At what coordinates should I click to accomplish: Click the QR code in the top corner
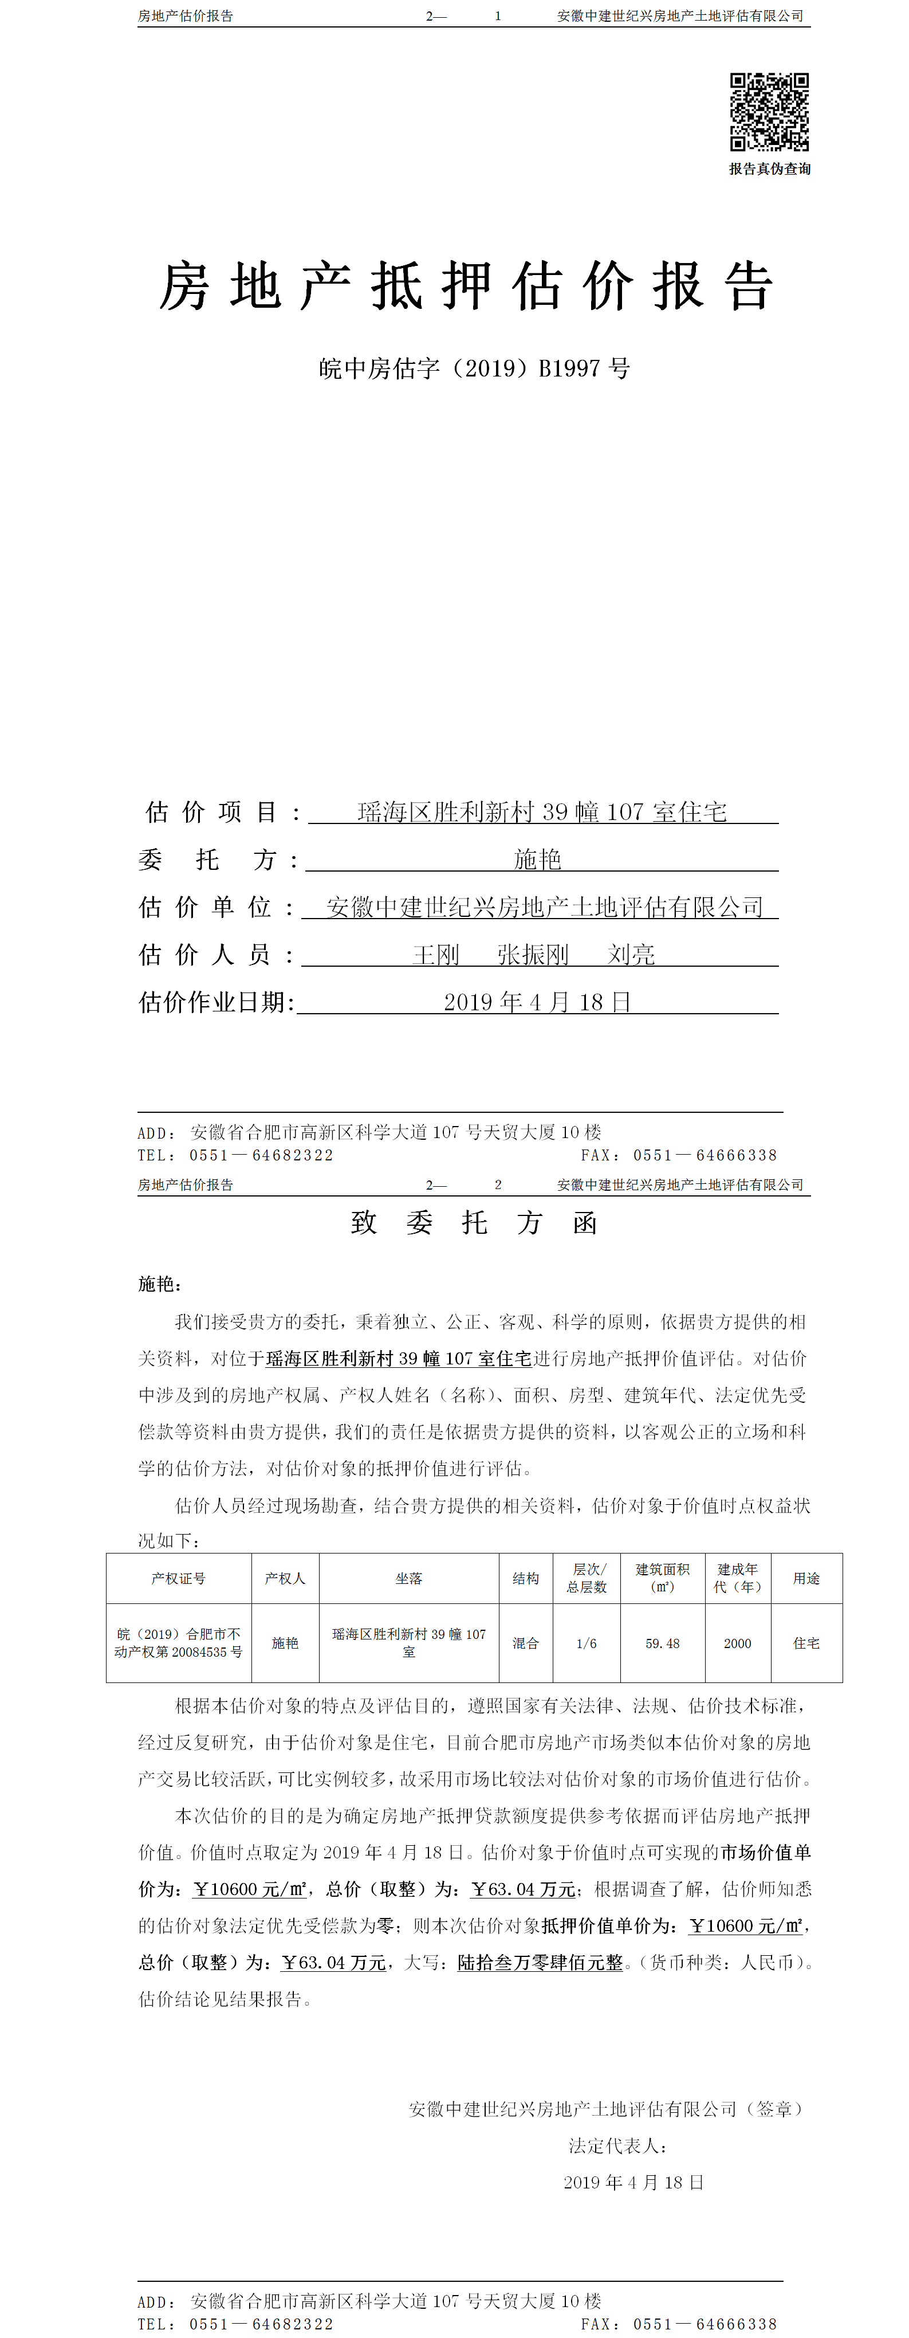[x=769, y=112]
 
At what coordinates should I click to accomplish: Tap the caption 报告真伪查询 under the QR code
[x=769, y=169]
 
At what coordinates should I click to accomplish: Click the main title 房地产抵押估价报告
[x=466, y=287]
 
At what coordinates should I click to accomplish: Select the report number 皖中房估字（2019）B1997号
[x=474, y=368]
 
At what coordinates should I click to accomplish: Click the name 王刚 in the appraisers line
[x=436, y=955]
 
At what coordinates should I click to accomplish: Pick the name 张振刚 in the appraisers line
[x=533, y=955]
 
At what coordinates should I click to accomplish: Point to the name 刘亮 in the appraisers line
[x=631, y=955]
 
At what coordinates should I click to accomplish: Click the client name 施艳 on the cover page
[x=538, y=860]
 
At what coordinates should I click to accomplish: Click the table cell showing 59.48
[x=662, y=1643]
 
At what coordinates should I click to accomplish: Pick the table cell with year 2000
[x=738, y=1643]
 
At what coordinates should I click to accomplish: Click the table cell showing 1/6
[x=587, y=1643]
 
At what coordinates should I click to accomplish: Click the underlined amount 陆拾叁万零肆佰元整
[x=540, y=1962]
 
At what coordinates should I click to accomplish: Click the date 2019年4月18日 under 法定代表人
[x=633, y=2183]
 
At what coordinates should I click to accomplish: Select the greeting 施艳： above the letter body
[x=160, y=1284]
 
